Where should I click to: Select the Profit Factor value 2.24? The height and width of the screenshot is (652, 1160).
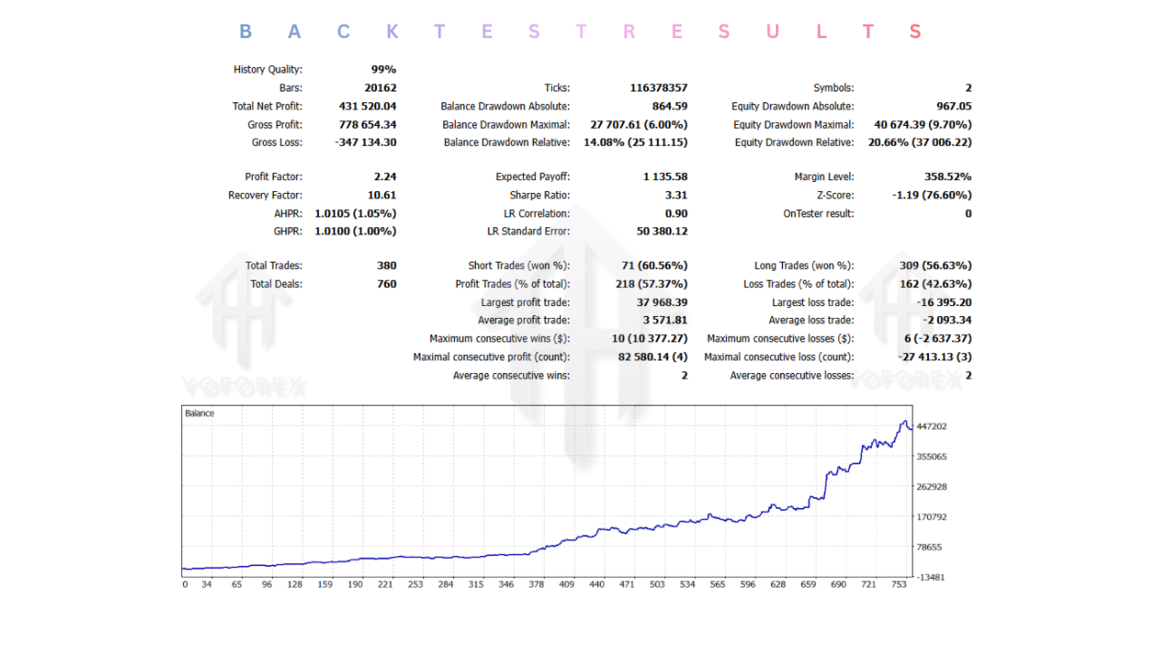(x=384, y=177)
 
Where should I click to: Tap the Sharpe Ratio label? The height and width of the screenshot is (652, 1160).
(x=539, y=195)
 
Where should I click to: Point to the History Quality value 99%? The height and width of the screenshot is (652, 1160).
(x=383, y=70)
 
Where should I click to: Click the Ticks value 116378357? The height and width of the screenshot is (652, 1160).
(x=658, y=88)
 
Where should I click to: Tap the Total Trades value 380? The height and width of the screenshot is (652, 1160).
(x=386, y=265)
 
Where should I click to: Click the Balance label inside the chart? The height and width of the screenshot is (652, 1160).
(x=199, y=414)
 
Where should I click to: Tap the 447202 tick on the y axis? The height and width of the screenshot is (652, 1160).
(x=931, y=427)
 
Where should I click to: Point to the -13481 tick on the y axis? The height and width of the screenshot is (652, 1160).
(x=930, y=577)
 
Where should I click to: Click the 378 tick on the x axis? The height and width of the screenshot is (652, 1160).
(x=536, y=585)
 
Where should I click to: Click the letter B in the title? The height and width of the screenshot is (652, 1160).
(x=246, y=32)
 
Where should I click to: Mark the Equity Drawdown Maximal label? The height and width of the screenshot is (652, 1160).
(x=793, y=124)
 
